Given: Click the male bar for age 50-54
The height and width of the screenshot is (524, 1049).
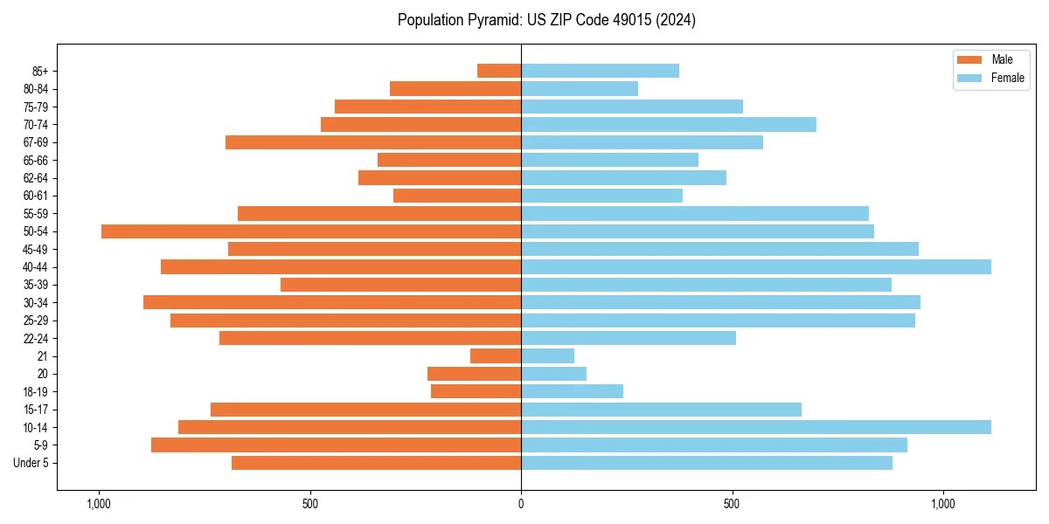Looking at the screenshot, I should [x=311, y=231].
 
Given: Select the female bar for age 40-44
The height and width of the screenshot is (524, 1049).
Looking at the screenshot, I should [x=756, y=266].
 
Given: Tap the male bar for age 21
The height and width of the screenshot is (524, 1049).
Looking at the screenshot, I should [x=496, y=356].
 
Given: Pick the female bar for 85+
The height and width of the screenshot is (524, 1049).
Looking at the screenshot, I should [x=600, y=71].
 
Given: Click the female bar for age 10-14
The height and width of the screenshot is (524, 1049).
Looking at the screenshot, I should [x=756, y=427].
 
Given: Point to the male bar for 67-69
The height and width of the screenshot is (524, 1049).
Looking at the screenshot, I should [x=373, y=142].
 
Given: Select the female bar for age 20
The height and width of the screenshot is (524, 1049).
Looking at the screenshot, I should [x=553, y=374].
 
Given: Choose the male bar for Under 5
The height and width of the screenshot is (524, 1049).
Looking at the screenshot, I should [x=376, y=463].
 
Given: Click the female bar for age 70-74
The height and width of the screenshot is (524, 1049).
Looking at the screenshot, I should [x=669, y=124].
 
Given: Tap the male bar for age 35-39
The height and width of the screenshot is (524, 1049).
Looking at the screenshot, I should [x=400, y=285].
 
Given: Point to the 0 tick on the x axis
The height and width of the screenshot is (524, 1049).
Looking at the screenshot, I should [x=521, y=504].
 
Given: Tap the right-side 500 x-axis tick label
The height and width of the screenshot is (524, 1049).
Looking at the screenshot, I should [x=733, y=504].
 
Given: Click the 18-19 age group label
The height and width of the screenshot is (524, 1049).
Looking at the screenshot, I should [x=35, y=392].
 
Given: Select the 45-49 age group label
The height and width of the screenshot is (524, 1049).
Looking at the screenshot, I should [x=35, y=249].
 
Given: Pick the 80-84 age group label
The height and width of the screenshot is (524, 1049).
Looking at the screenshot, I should [x=35, y=89].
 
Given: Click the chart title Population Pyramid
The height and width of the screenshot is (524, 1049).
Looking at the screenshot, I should [x=546, y=20].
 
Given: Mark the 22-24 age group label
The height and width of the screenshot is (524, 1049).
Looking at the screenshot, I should [x=35, y=339].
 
